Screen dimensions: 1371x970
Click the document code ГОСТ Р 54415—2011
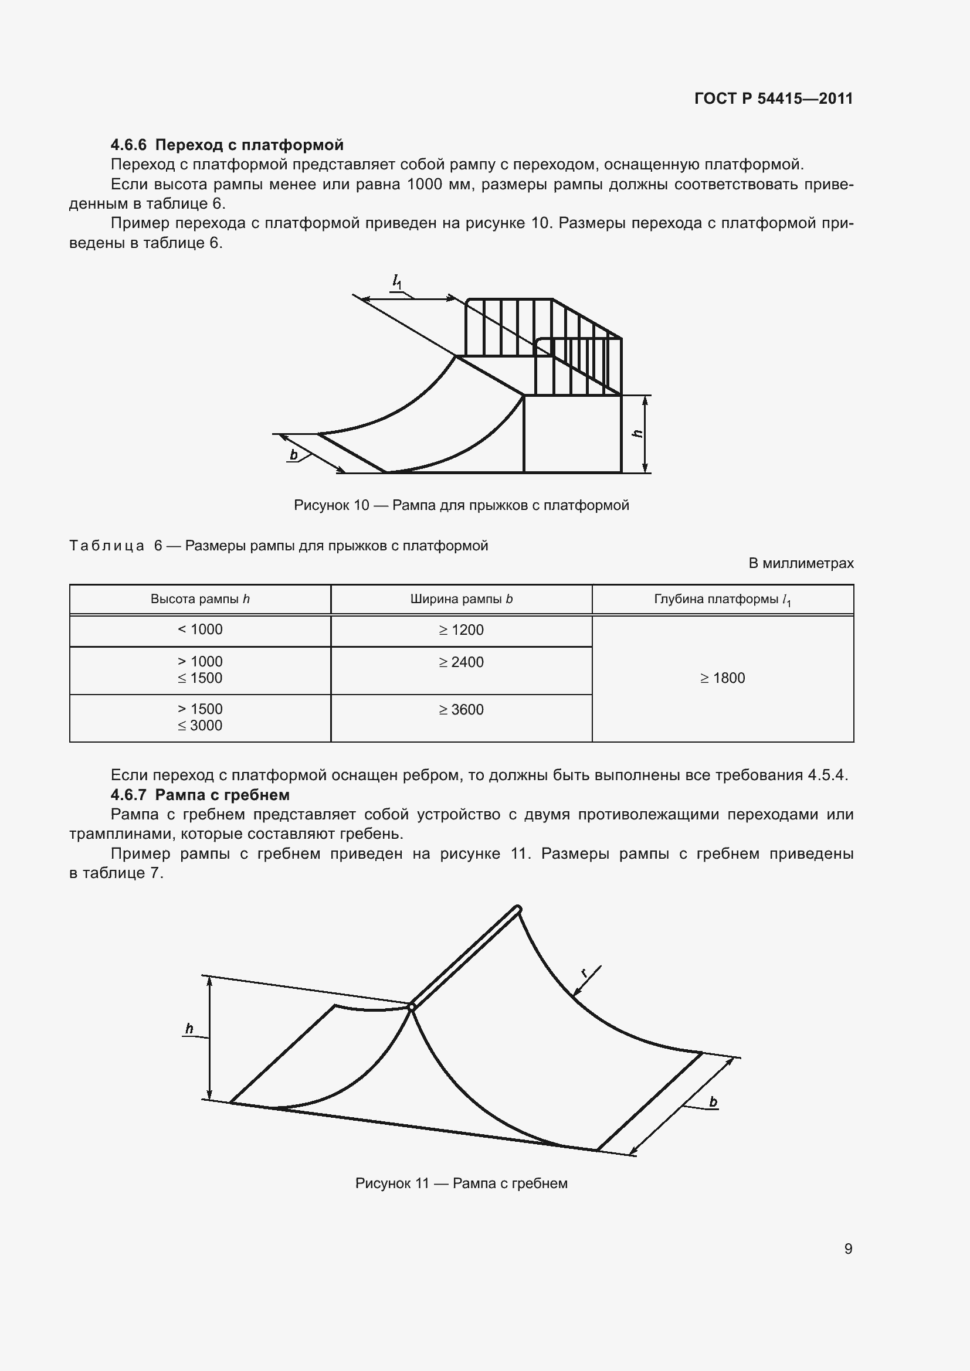pos(774,98)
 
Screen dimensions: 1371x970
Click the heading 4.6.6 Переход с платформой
pos(227,145)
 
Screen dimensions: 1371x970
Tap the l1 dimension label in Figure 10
pos(396,281)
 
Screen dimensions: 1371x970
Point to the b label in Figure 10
pos(294,455)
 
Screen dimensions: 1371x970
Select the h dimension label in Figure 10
pos(637,434)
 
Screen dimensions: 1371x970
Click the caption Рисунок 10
pos(461,505)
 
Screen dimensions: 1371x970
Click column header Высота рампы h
pos(200,599)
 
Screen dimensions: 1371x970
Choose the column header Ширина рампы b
pos(461,599)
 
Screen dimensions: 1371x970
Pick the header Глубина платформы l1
pos(722,600)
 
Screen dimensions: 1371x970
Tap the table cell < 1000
pos(200,630)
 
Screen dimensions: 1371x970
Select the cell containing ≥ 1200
pos(461,630)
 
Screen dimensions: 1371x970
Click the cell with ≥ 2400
pos(461,662)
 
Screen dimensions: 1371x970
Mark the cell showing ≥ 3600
pos(461,710)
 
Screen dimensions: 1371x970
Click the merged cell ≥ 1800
pos(722,678)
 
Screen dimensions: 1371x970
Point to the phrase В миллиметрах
pos(801,563)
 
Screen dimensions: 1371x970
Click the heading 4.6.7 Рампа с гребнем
pos(200,795)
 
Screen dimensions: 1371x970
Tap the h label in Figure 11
pos(189,1029)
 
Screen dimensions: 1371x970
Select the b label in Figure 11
pos(713,1103)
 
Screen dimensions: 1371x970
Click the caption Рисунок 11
pos(461,1183)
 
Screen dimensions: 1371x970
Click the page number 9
pos(848,1248)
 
